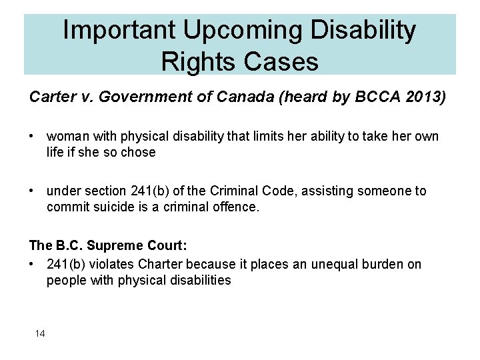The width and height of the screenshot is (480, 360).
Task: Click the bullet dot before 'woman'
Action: [33, 136]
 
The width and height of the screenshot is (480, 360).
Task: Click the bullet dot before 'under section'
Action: [33, 191]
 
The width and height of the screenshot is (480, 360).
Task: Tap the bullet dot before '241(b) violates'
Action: [33, 264]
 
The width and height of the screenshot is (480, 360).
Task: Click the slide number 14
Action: [40, 333]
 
